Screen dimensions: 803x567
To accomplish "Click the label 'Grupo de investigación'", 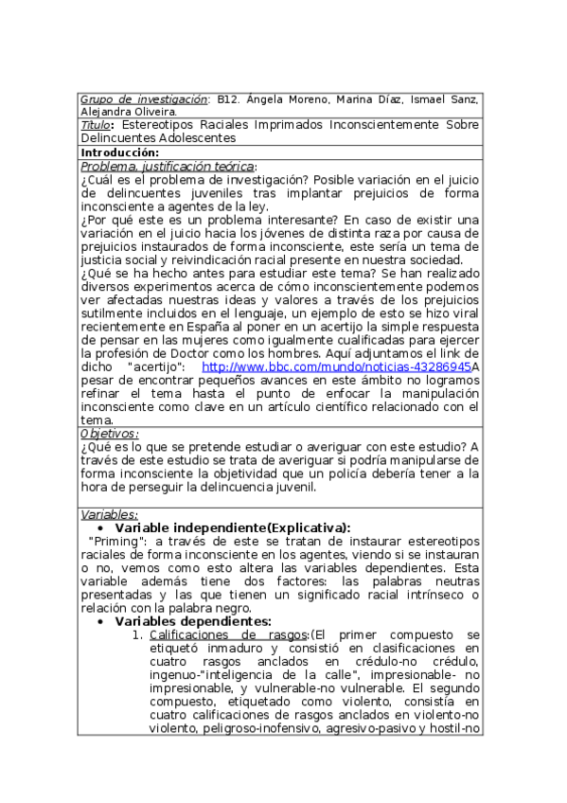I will point(143,98).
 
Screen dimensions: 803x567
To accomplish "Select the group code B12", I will point(227,98).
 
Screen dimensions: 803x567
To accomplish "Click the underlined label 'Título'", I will point(96,124).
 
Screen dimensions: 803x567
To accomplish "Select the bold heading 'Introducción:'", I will point(119,152).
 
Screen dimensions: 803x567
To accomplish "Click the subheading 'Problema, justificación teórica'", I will point(168,165).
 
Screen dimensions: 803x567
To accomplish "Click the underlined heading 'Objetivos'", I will point(111,433).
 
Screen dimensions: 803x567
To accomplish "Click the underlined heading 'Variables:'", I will point(110,514).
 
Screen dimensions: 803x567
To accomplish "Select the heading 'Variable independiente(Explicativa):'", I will point(232,527).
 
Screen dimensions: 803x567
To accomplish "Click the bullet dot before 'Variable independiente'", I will point(102,528).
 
